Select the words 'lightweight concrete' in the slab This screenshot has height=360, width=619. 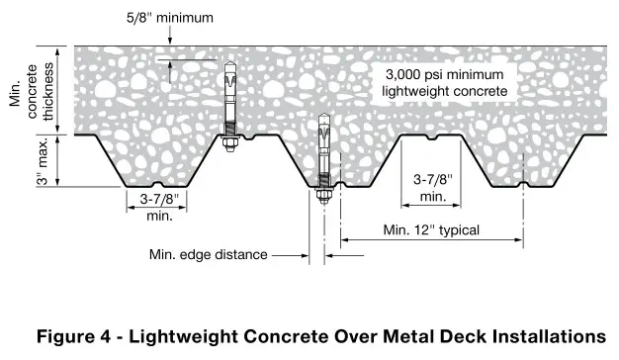(444, 91)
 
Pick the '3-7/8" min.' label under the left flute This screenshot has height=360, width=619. (157, 206)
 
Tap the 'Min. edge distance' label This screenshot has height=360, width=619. (208, 254)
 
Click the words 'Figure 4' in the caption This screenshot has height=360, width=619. (73, 335)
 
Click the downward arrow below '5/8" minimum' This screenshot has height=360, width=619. (169, 40)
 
